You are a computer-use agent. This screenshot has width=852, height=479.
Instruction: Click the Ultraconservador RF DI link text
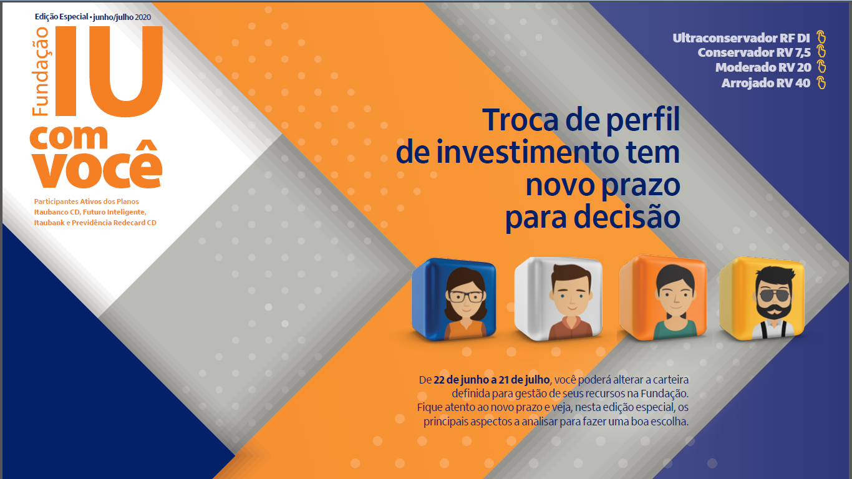pyautogui.click(x=741, y=38)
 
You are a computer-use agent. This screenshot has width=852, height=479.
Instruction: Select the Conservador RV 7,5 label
pyautogui.click(x=754, y=52)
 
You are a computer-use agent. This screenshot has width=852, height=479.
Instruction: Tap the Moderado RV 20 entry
pyautogui.click(x=763, y=67)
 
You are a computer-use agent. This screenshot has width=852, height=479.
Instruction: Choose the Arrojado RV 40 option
pyautogui.click(x=766, y=83)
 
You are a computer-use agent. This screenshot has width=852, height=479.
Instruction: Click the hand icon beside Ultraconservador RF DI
pyautogui.click(x=821, y=37)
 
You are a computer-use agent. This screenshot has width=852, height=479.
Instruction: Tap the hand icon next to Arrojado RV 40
pyautogui.click(x=821, y=82)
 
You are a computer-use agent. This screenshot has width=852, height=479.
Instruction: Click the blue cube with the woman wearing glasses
pyautogui.click(x=454, y=299)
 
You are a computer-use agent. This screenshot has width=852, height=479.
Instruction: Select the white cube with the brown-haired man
pyautogui.click(x=558, y=299)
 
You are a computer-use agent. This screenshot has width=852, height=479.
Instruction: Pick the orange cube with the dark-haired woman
pyautogui.click(x=662, y=298)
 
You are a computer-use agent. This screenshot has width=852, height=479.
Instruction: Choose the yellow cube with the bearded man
pyautogui.click(x=762, y=298)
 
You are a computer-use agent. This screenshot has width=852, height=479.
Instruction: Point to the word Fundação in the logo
pyautogui.click(x=41, y=72)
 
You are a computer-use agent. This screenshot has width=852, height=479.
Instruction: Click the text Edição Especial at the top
pyautogui.click(x=61, y=17)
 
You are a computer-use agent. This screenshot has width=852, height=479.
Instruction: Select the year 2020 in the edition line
pyautogui.click(x=143, y=17)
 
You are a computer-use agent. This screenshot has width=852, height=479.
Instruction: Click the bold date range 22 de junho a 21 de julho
pyautogui.click(x=491, y=380)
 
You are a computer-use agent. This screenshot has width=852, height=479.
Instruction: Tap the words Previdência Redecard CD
pyautogui.click(x=114, y=223)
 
